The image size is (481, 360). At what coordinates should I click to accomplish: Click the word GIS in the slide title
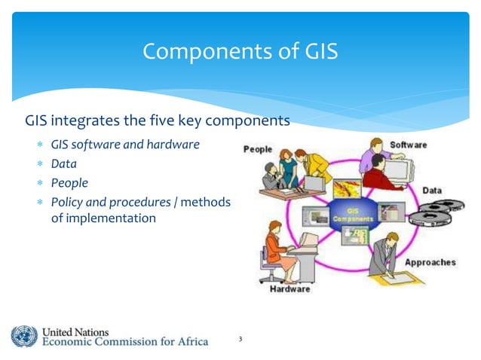coord(316,52)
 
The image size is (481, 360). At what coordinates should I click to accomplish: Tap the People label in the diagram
coord(257,149)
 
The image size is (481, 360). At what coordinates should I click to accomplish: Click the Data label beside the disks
coord(432,191)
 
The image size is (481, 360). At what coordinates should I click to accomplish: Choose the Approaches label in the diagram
coord(430,262)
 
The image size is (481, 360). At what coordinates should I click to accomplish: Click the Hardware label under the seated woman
coord(290,289)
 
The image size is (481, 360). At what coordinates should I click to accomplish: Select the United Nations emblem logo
coord(23,336)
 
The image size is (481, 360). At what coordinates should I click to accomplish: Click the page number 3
coord(240,339)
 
